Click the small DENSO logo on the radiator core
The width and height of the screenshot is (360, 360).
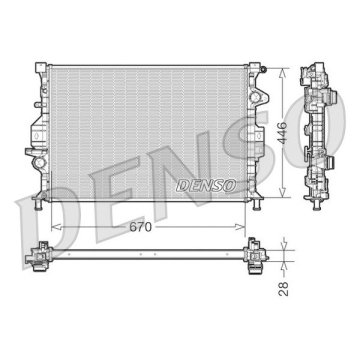(x=205, y=184)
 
